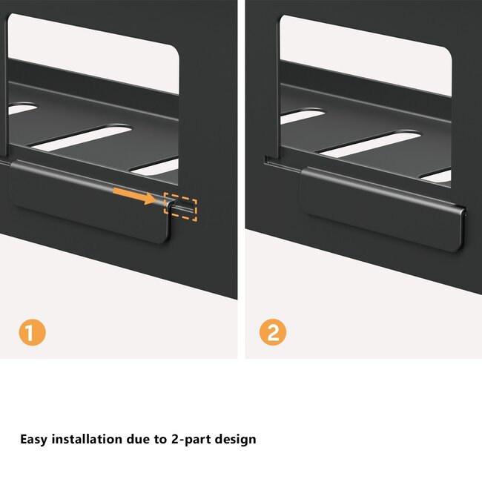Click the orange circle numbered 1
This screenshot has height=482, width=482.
click(x=33, y=332)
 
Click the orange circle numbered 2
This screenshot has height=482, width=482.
click(x=273, y=332)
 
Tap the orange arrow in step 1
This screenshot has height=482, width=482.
click(x=135, y=196)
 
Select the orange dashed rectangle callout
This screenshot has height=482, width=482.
click(x=180, y=207)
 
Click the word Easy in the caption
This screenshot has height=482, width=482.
click(x=33, y=439)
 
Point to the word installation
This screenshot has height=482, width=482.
click(x=87, y=439)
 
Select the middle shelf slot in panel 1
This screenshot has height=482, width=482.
click(x=81, y=137)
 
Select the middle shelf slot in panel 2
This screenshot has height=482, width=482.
click(x=371, y=144)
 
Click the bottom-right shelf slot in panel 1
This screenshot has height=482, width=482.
click(x=155, y=168)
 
